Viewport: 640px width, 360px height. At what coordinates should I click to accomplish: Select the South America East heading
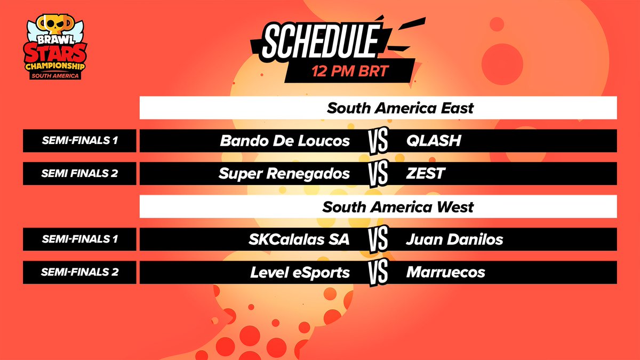(x=400, y=108)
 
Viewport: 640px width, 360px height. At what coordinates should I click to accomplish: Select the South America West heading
(x=398, y=206)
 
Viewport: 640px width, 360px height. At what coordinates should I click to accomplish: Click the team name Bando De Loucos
(x=285, y=141)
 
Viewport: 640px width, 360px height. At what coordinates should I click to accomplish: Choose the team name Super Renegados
(x=285, y=173)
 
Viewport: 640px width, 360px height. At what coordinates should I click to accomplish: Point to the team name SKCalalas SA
(x=299, y=239)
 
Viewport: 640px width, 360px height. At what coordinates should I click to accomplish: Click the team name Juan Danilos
(x=454, y=239)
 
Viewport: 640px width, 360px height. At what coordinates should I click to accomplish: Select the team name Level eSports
(x=300, y=273)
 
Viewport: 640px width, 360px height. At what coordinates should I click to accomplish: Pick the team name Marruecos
(x=445, y=273)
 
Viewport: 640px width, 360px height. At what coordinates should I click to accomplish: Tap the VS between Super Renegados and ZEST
(x=378, y=174)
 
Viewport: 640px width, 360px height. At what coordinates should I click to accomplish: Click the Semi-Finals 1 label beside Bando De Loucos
(x=79, y=141)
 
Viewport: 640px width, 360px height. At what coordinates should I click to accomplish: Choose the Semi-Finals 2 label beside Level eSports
(x=79, y=273)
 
